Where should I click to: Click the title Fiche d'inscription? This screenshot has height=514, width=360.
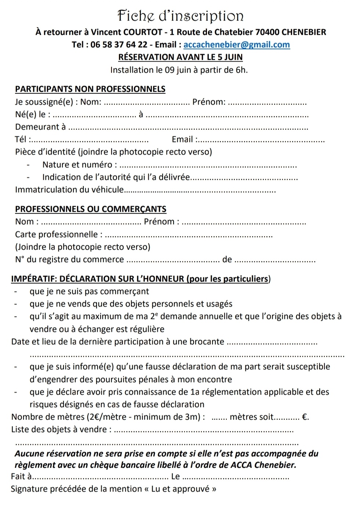point(180,16)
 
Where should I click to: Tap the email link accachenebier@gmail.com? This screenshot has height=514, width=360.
point(236,45)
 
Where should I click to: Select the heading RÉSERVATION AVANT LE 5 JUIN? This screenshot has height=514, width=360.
point(180,57)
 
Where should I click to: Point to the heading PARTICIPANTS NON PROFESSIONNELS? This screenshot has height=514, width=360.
point(90,89)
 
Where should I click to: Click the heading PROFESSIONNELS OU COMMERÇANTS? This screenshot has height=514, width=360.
point(91,209)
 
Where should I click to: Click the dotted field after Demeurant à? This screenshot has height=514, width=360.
point(189,128)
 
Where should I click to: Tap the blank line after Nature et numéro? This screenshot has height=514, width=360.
point(208,166)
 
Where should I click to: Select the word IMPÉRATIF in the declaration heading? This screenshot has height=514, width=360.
point(33,279)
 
